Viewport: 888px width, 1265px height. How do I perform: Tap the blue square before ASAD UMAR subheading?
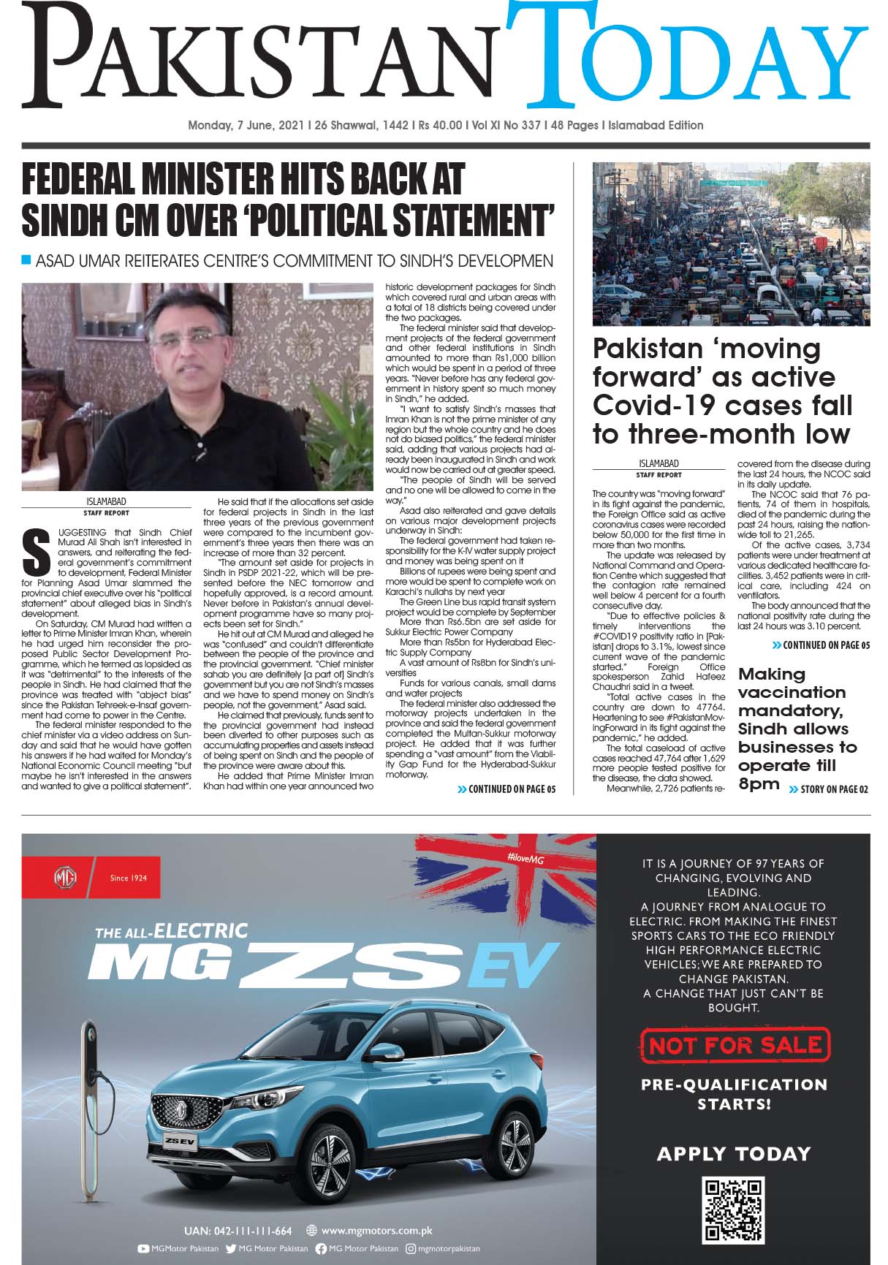pyautogui.click(x=27, y=259)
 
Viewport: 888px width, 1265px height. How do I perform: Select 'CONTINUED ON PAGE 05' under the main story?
pyautogui.click(x=506, y=789)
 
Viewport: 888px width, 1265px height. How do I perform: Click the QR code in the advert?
pyautogui.click(x=734, y=1210)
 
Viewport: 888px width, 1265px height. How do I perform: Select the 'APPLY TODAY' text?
pyautogui.click(x=734, y=1154)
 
